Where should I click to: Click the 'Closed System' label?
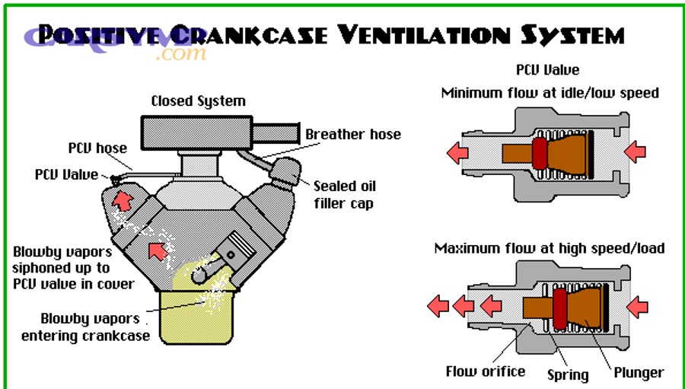click(x=198, y=101)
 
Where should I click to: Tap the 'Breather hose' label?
click(x=352, y=135)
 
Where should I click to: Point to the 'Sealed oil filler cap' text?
click(x=345, y=194)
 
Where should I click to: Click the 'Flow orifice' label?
click(x=485, y=371)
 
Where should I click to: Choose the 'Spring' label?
click(x=568, y=374)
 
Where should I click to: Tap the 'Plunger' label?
click(x=639, y=372)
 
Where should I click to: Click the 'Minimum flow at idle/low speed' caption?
click(x=550, y=93)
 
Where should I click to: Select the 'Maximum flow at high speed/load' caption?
click(x=550, y=248)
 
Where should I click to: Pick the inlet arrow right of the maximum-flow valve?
click(x=636, y=308)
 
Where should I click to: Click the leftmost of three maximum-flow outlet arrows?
click(x=438, y=307)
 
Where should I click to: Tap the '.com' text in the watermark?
click(x=183, y=53)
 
